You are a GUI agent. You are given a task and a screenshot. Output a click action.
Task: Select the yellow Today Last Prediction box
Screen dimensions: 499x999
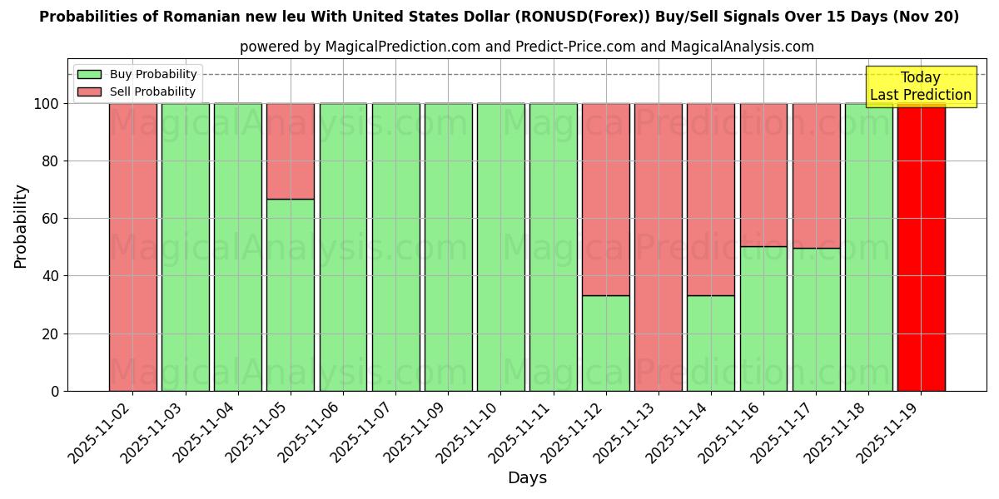tap(920, 86)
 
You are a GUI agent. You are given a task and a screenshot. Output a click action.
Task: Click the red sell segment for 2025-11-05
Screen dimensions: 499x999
tap(291, 151)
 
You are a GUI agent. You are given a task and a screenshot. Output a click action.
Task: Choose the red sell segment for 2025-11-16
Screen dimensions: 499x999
tap(763, 175)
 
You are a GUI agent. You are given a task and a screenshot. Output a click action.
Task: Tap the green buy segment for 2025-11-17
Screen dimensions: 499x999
tap(816, 319)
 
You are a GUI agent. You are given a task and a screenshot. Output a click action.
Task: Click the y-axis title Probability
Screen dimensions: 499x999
tap(21, 226)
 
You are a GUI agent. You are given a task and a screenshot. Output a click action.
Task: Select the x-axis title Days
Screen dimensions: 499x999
tap(527, 478)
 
